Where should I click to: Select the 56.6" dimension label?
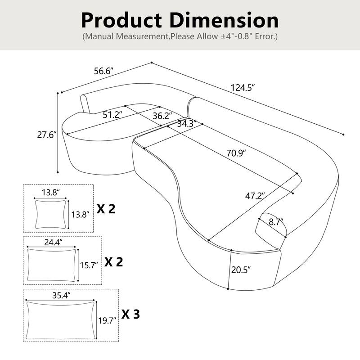coord(103,71)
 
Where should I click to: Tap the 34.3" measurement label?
coord(186,124)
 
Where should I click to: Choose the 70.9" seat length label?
coord(236,153)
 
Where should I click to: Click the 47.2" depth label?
coord(255,196)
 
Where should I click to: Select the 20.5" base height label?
coord(241,270)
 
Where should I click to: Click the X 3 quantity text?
coord(130,314)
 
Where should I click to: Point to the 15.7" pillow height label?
coord(89,265)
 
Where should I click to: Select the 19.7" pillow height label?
coord(107,320)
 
